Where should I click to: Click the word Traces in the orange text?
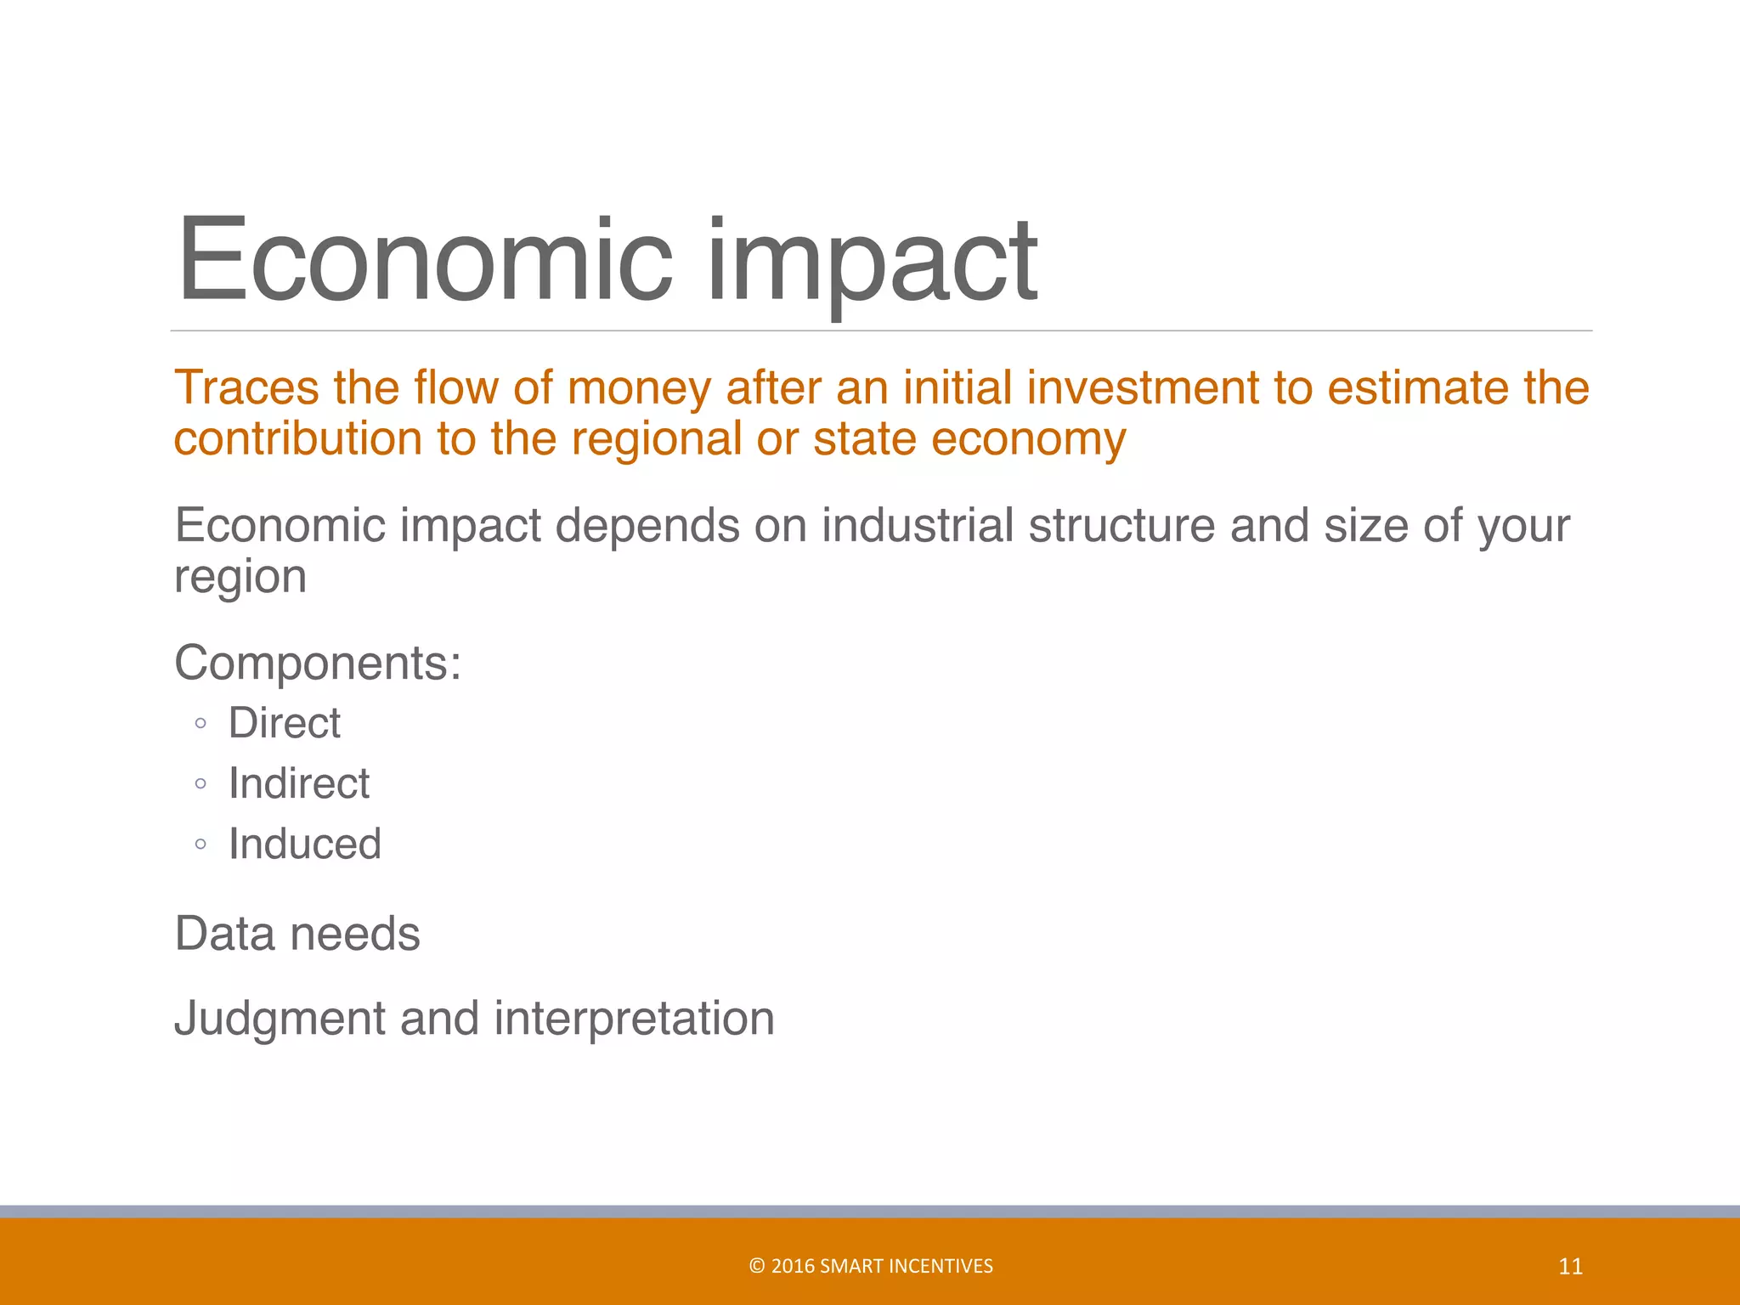click(246, 388)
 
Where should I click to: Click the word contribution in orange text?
click(298, 439)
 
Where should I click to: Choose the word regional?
click(657, 439)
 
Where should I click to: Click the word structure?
click(1122, 526)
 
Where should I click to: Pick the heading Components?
click(318, 663)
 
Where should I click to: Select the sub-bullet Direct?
click(285, 723)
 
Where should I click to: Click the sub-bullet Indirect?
click(299, 783)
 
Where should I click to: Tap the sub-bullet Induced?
click(305, 845)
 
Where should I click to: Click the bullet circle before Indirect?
click(201, 784)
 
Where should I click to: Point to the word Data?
click(225, 934)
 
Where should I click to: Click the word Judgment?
click(280, 1019)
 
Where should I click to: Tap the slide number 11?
click(1570, 1267)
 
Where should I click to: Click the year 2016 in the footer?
click(793, 1266)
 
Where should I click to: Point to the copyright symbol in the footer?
click(756, 1266)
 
